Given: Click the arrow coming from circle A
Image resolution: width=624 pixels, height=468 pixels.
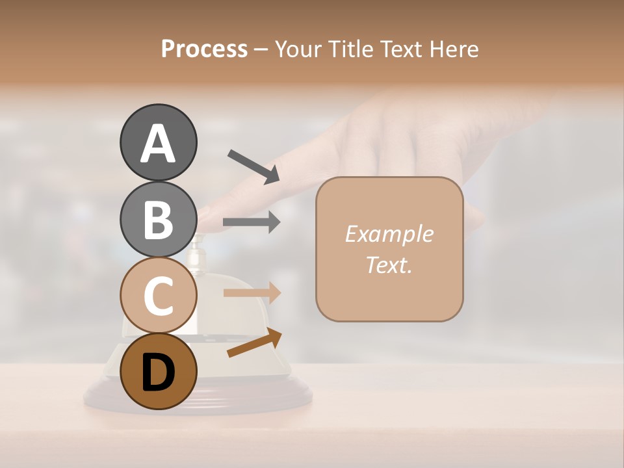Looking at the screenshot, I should (253, 166).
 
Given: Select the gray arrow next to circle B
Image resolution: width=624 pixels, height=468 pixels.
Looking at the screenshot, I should (252, 222).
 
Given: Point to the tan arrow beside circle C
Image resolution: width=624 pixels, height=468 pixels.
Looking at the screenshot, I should (252, 292).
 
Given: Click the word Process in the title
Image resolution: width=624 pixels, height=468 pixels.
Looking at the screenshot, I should (204, 49).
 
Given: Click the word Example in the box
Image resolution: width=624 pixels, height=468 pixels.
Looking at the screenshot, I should (389, 234).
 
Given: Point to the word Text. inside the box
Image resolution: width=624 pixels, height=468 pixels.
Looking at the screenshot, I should (389, 265).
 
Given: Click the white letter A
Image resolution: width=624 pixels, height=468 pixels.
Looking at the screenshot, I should (158, 144).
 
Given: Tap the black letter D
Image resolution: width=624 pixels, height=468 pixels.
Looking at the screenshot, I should (158, 373).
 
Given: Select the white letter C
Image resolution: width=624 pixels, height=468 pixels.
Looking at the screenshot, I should (158, 296).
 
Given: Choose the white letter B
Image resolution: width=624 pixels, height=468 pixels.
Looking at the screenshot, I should (158, 220).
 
